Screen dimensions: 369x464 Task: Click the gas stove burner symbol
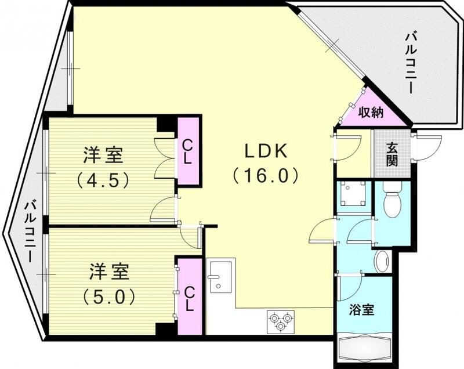[280, 321]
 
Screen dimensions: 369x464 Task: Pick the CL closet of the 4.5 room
[189, 151]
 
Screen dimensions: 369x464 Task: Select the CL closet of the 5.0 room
[189, 296]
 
